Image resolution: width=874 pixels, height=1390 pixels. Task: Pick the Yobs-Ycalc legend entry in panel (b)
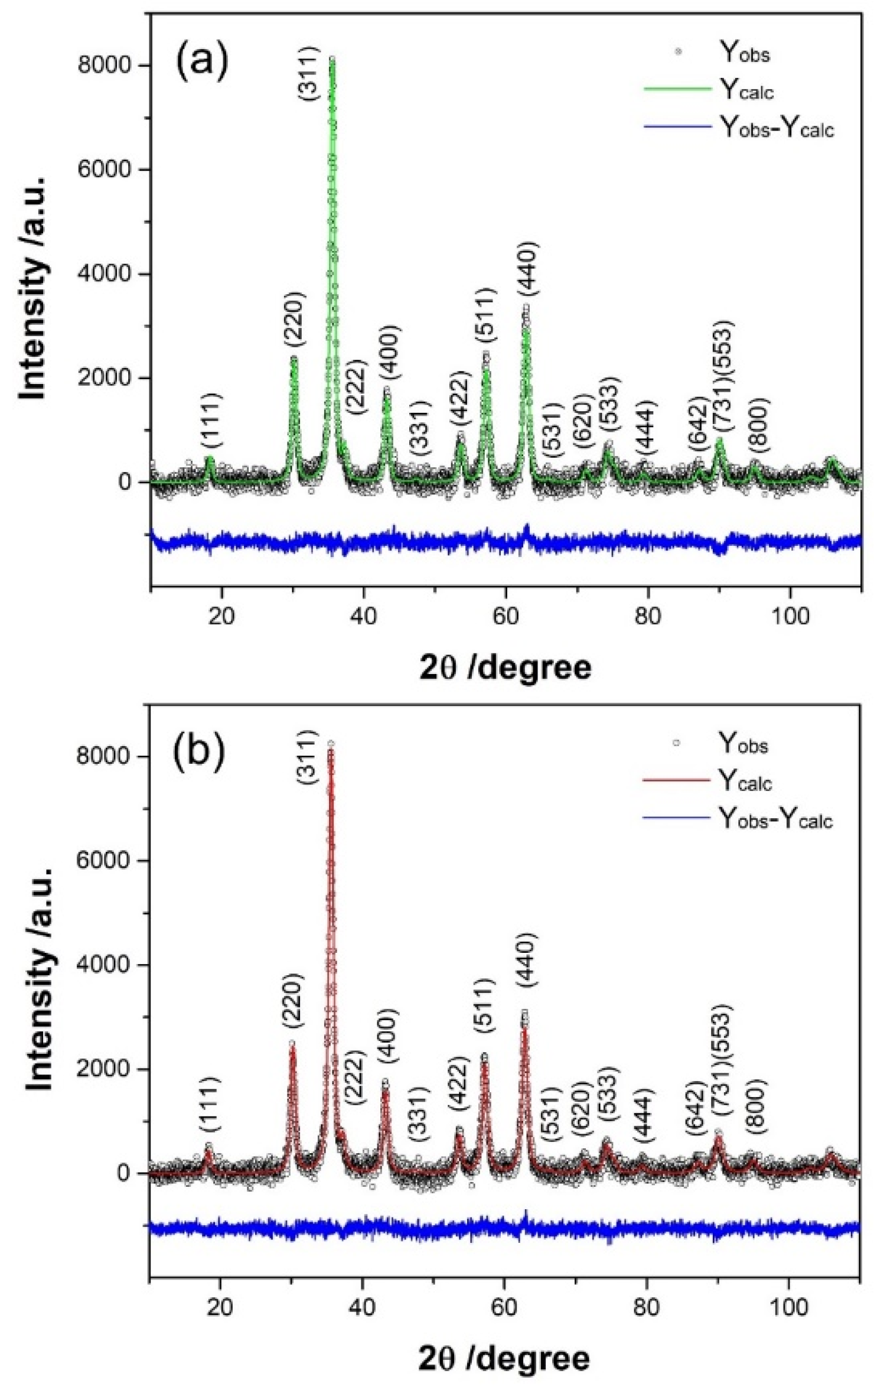point(775,819)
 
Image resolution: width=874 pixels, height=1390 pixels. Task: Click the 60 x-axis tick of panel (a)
point(506,616)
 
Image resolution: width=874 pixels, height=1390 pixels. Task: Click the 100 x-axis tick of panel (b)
point(789,1307)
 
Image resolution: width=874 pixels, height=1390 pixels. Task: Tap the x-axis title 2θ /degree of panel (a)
point(506,668)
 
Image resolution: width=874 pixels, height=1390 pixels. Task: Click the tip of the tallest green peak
point(332,58)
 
